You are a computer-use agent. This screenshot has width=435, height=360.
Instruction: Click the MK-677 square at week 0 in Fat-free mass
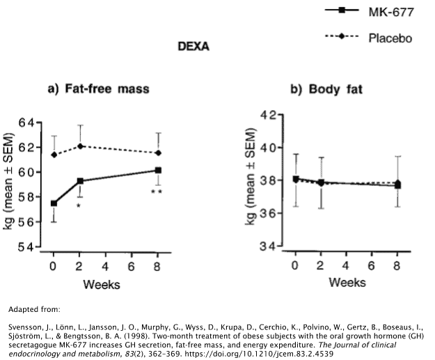click(54, 203)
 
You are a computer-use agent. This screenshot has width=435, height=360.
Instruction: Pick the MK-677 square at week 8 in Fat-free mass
click(159, 170)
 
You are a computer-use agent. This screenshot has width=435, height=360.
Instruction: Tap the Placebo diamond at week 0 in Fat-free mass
click(54, 155)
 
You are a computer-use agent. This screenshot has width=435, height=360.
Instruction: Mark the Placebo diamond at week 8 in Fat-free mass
click(159, 153)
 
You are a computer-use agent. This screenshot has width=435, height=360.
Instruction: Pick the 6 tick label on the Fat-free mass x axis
click(132, 265)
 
